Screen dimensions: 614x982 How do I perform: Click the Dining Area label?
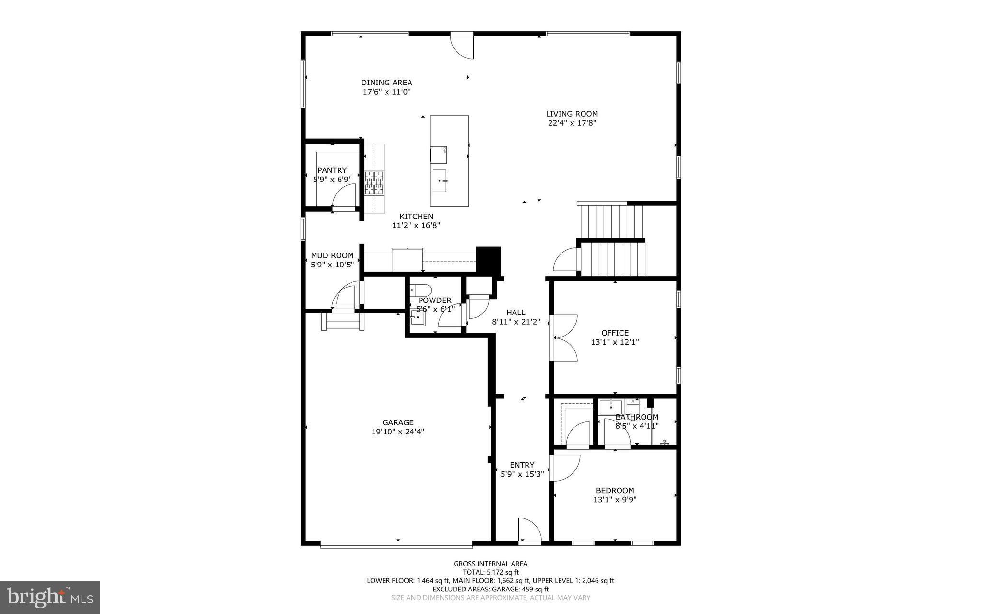386,83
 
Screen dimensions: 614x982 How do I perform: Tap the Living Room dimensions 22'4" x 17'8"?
572,123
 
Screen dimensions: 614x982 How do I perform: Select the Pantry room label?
332,170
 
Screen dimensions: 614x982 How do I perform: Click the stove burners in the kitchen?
374,183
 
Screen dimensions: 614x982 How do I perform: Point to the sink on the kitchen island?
439,181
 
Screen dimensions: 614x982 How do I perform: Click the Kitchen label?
416,217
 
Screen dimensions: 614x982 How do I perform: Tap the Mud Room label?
332,256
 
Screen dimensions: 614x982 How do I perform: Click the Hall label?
515,313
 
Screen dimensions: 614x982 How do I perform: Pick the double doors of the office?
565,338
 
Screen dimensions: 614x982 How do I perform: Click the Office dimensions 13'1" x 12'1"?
615,342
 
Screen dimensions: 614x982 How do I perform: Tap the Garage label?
398,422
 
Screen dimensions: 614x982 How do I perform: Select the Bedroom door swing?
565,467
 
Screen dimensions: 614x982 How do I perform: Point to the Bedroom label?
615,491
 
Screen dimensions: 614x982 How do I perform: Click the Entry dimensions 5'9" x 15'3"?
522,474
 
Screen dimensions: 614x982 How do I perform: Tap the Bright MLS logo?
50,597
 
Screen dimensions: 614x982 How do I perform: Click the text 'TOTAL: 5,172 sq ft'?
491,572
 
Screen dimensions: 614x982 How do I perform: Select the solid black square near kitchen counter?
488,260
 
